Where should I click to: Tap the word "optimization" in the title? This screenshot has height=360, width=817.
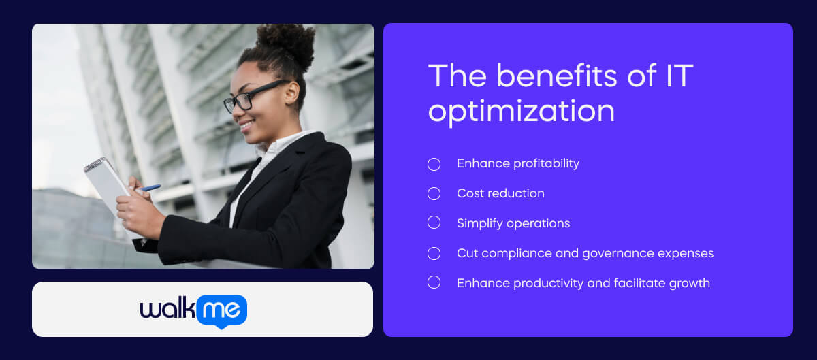coord(521,111)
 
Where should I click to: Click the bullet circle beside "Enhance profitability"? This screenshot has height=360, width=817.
coord(434,164)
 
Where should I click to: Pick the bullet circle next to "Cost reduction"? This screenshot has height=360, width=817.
coord(434,194)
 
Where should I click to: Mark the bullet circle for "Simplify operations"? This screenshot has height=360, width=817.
coord(434,223)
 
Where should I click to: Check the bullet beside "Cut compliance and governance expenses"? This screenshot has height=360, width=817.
coord(434,253)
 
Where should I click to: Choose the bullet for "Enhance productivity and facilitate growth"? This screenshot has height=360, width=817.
coord(434,282)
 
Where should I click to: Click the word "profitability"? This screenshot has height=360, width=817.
coord(547,164)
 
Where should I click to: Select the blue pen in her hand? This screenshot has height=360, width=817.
coord(149,188)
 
